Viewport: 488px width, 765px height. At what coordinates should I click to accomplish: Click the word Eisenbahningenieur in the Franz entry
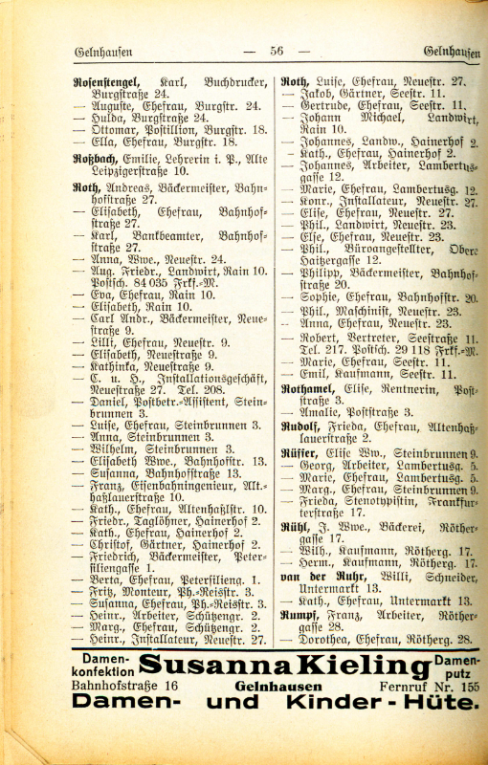[171, 485]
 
